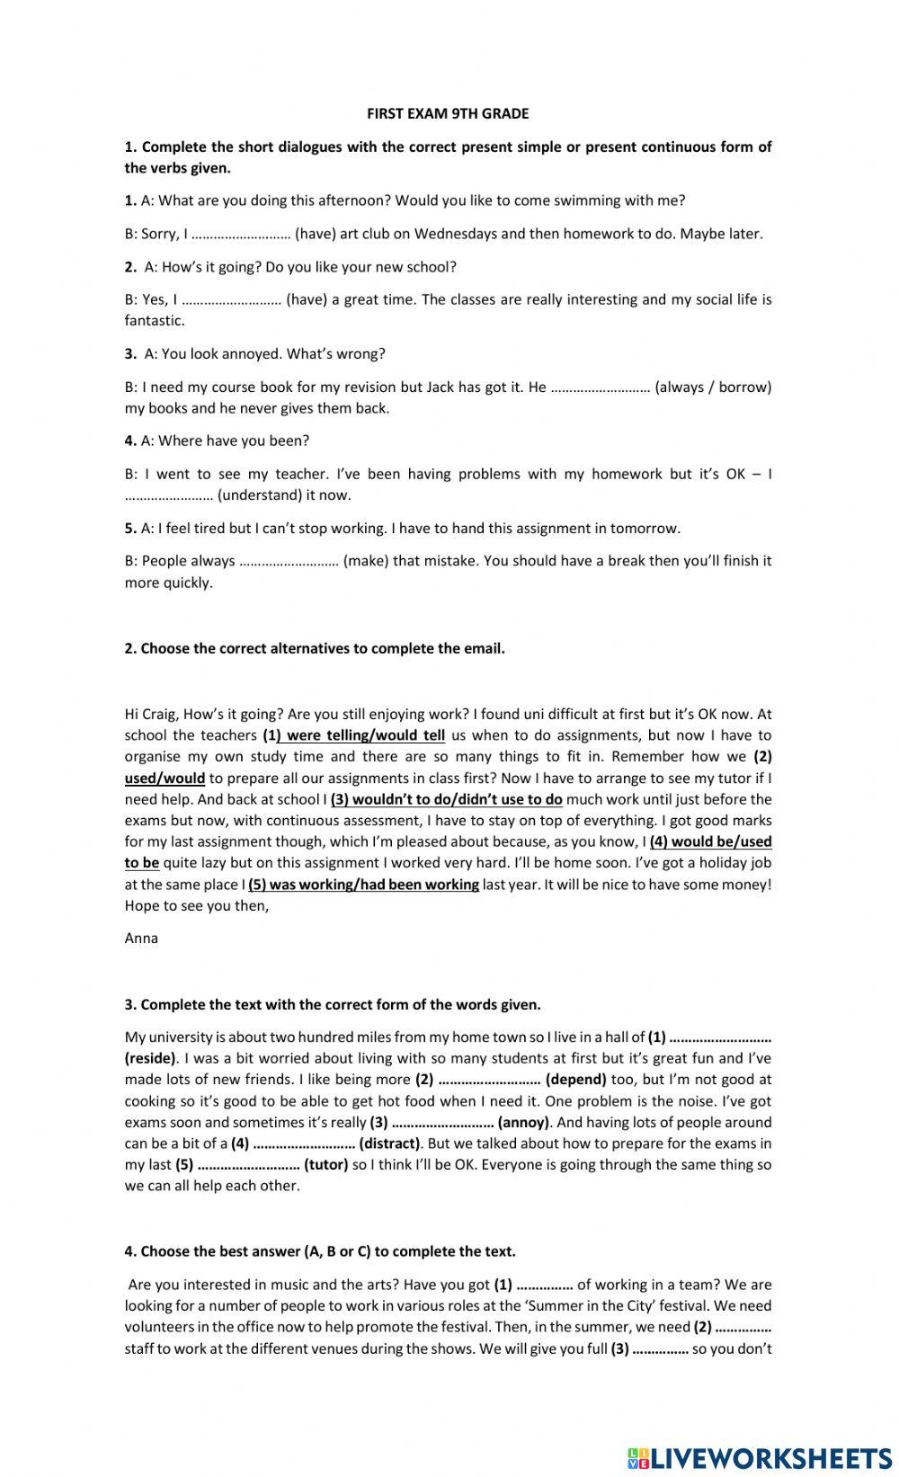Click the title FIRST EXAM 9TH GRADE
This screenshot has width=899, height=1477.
448,114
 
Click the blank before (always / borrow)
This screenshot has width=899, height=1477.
600,387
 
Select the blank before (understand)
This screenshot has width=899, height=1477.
169,495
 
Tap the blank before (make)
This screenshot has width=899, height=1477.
289,561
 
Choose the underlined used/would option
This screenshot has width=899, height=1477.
165,778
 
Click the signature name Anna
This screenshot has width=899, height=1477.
141,939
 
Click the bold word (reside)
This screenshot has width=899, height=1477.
150,1059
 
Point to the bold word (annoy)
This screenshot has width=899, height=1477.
523,1122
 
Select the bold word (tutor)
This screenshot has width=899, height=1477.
326,1165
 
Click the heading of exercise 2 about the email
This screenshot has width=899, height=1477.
314,648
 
